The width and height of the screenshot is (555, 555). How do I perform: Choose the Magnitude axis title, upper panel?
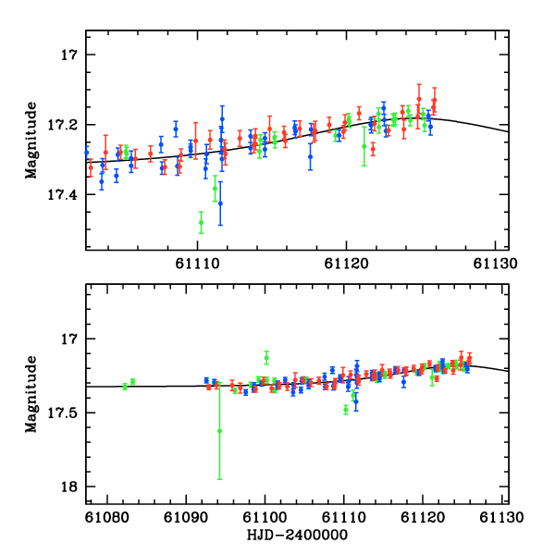(x=31, y=139)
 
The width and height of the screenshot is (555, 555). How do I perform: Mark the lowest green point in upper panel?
(x=201, y=222)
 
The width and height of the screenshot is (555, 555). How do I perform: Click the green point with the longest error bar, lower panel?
(x=219, y=430)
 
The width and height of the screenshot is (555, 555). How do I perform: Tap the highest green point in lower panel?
(x=266, y=357)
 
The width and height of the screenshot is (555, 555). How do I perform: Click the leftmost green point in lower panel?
(x=125, y=386)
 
